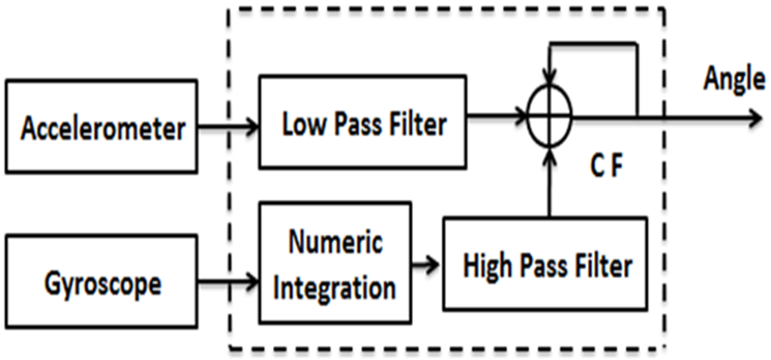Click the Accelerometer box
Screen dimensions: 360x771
tap(100, 129)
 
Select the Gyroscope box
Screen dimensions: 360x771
tap(100, 284)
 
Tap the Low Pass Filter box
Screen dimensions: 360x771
tap(363, 122)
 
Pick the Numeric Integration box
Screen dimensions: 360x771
tap(335, 263)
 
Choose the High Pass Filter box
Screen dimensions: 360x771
tap(545, 264)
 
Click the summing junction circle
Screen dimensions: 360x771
tap(550, 114)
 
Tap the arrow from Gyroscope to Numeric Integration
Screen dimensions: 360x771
tap(227, 283)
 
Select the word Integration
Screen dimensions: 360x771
tap(335, 285)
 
